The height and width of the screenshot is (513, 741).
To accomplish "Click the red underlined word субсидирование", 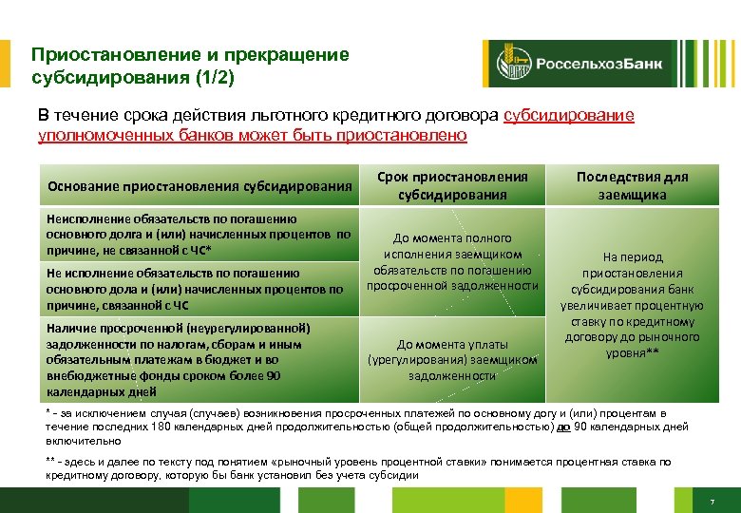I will [x=568, y=115].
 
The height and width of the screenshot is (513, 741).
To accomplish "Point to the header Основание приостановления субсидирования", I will [x=199, y=185].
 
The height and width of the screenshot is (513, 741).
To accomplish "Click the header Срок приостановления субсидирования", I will [x=452, y=185].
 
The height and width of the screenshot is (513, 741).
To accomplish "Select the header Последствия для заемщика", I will [x=632, y=185].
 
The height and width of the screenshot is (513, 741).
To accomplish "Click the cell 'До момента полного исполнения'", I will [x=452, y=261].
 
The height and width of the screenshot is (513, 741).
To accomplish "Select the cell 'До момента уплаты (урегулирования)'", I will [x=452, y=359].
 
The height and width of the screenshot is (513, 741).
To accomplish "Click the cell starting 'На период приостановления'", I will [x=632, y=304].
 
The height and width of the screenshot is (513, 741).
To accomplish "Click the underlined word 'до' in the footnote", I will [x=563, y=427].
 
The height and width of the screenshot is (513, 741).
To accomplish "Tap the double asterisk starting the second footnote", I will [x=51, y=462].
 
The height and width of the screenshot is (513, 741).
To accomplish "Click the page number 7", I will [x=711, y=501].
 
